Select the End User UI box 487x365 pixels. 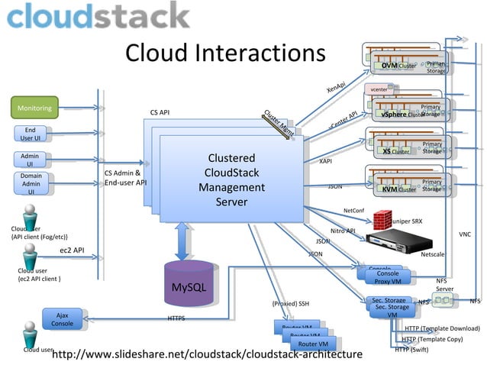click(x=31, y=134)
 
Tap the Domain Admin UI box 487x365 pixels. click(x=31, y=183)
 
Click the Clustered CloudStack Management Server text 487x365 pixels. click(x=231, y=180)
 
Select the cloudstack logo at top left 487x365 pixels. click(x=98, y=16)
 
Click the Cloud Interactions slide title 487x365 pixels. click(x=225, y=53)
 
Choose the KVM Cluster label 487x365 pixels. click(x=399, y=189)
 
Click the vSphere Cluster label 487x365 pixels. click(x=402, y=115)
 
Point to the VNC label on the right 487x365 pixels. click(x=465, y=234)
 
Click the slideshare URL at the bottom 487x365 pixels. click(x=206, y=354)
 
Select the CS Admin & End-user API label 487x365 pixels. click(x=124, y=178)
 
